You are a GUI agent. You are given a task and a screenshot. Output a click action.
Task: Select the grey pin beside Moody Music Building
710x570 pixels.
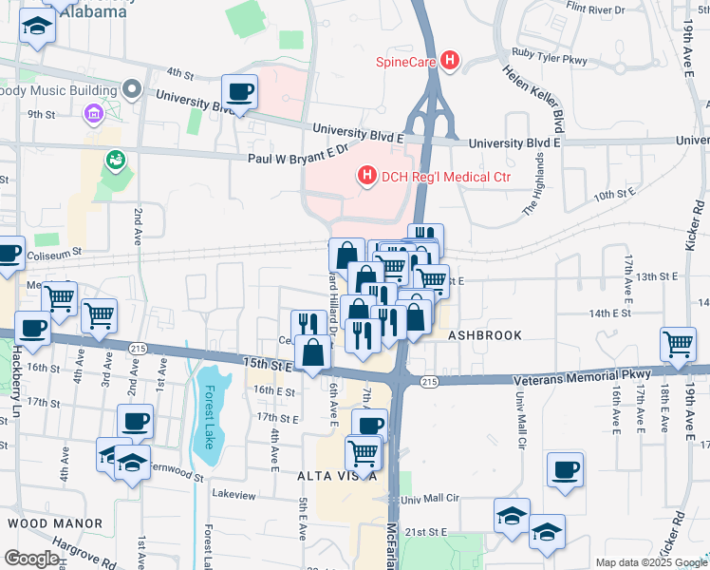(x=132, y=91)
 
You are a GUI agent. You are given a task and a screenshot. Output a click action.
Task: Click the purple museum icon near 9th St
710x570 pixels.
(x=94, y=116)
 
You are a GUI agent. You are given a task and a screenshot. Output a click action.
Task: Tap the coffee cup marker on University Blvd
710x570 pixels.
(x=239, y=92)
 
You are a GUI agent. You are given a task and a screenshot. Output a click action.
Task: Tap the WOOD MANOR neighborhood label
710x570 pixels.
(x=55, y=523)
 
